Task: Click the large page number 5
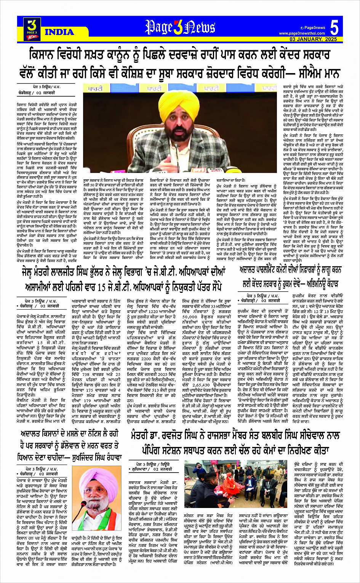(334, 28)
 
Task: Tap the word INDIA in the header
(59, 32)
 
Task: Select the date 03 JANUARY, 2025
(313, 39)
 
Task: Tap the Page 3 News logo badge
(32, 29)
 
